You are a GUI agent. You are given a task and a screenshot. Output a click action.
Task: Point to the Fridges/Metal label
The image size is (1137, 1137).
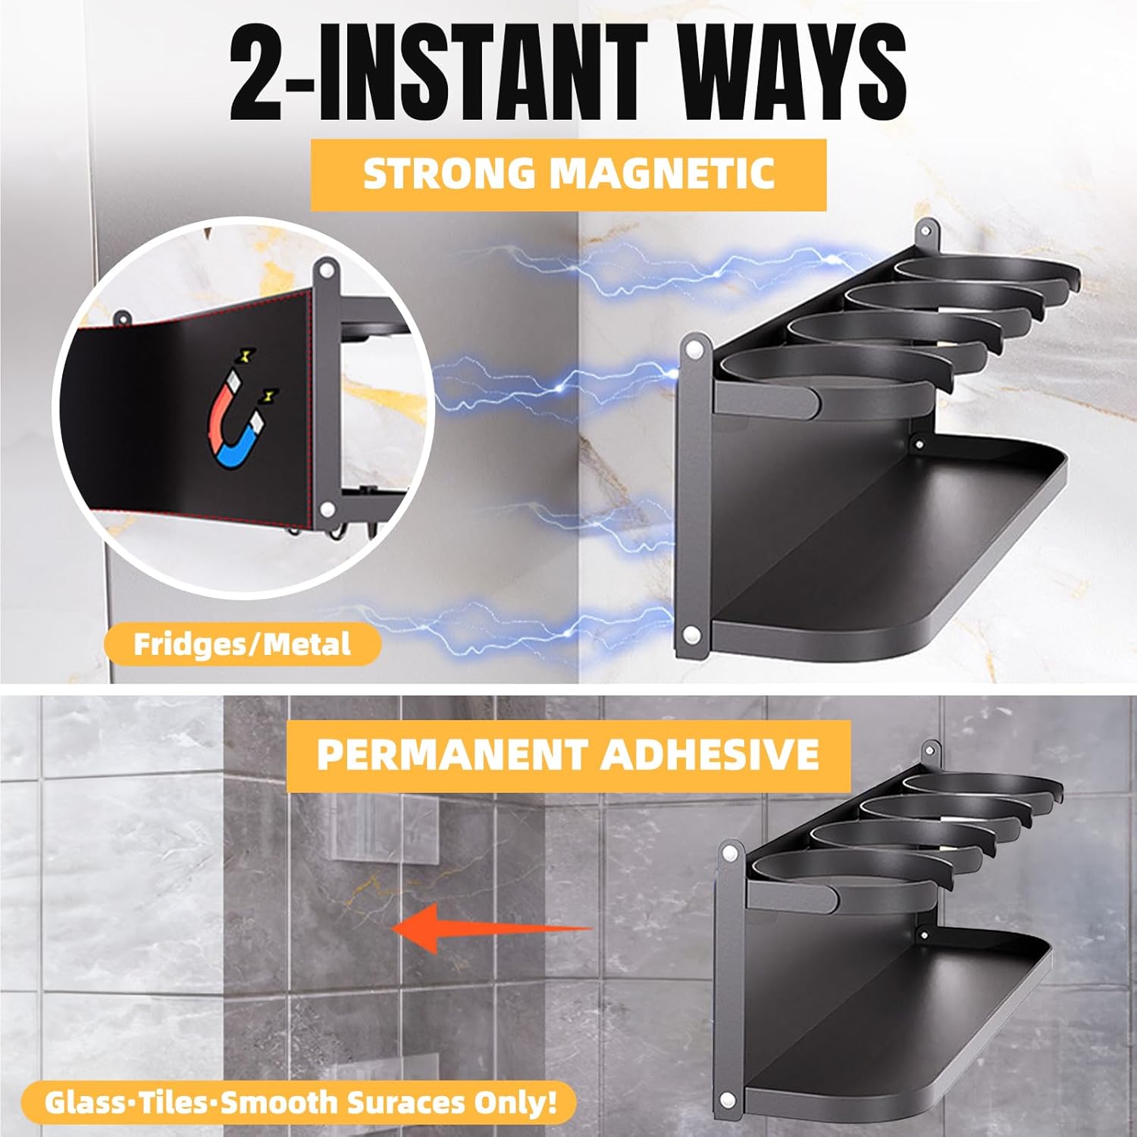pos(242,644)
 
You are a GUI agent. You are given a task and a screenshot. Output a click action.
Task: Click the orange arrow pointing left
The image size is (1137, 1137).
pos(485,929)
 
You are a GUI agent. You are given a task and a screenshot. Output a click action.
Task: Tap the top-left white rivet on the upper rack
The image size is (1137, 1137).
pos(694,349)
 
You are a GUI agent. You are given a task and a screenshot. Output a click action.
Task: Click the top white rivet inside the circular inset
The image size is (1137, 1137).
pos(327,269)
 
